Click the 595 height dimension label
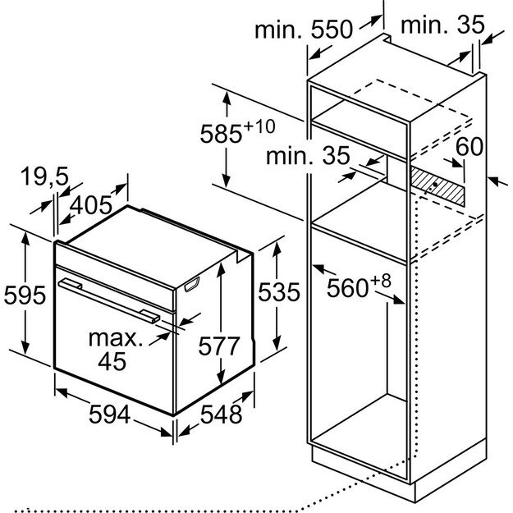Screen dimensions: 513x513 [x=23, y=293]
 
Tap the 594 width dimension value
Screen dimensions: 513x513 [x=109, y=415]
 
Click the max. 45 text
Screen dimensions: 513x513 [x=114, y=348]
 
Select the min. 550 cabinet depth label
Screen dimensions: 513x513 [x=303, y=30]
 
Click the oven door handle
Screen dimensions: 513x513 [x=111, y=299]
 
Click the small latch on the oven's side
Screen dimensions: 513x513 [x=194, y=284]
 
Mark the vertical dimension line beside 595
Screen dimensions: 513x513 [x=27, y=293]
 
